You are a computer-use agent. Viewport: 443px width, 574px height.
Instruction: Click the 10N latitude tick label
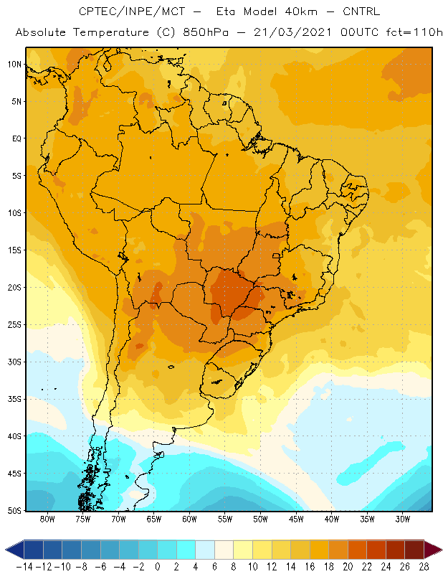(x=14, y=65)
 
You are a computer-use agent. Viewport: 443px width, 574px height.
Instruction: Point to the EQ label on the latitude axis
(x=16, y=138)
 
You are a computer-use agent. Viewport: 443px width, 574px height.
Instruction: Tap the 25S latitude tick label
(x=14, y=325)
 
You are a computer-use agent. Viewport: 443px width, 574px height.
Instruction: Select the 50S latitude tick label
(x=14, y=510)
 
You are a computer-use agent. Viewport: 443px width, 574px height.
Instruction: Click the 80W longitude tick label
(x=47, y=519)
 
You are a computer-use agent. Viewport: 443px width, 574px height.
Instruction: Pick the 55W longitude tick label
(x=225, y=519)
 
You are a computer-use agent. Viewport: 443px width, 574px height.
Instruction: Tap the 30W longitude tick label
(x=403, y=519)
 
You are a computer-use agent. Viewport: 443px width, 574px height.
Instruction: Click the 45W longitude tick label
(x=296, y=519)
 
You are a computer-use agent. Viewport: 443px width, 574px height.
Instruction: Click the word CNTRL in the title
(x=361, y=11)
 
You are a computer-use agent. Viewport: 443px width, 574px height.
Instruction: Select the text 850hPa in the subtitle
(x=206, y=32)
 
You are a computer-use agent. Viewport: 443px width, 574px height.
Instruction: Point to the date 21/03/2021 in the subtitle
(x=292, y=32)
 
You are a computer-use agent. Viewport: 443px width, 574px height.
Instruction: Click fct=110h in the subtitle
(x=414, y=32)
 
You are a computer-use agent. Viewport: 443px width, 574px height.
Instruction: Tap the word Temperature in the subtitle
(x=111, y=32)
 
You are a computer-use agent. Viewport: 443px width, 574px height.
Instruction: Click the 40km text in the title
(x=300, y=11)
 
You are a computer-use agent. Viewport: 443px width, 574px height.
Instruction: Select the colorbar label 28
(x=424, y=567)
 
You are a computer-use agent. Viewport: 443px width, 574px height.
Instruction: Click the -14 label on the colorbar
(x=24, y=567)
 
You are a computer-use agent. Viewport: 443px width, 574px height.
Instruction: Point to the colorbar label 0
(x=157, y=567)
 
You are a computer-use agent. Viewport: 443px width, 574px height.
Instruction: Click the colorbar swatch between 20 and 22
(x=358, y=550)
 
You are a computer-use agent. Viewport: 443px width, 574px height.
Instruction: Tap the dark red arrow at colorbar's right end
(x=432, y=550)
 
